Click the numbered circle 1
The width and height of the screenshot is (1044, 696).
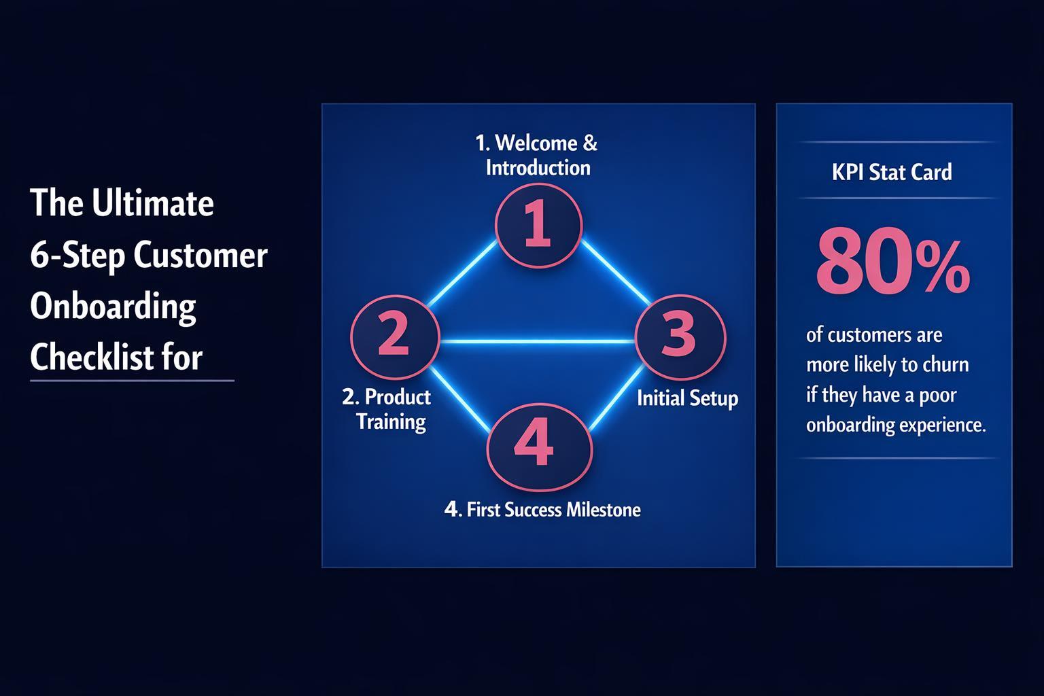538,225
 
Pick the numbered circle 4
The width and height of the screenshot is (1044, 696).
540,447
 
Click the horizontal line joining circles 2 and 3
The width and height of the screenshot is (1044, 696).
537,341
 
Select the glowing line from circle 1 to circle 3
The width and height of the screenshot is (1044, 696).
615,273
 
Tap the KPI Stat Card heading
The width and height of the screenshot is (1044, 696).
892,172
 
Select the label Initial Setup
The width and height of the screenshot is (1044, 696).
687,398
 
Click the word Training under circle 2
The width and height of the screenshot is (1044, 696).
391,421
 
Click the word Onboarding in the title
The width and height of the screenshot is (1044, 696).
113,307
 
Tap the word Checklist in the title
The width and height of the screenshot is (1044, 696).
92,357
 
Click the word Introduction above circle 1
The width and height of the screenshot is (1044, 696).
538,168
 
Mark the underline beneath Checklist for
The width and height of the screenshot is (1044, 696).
132,381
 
